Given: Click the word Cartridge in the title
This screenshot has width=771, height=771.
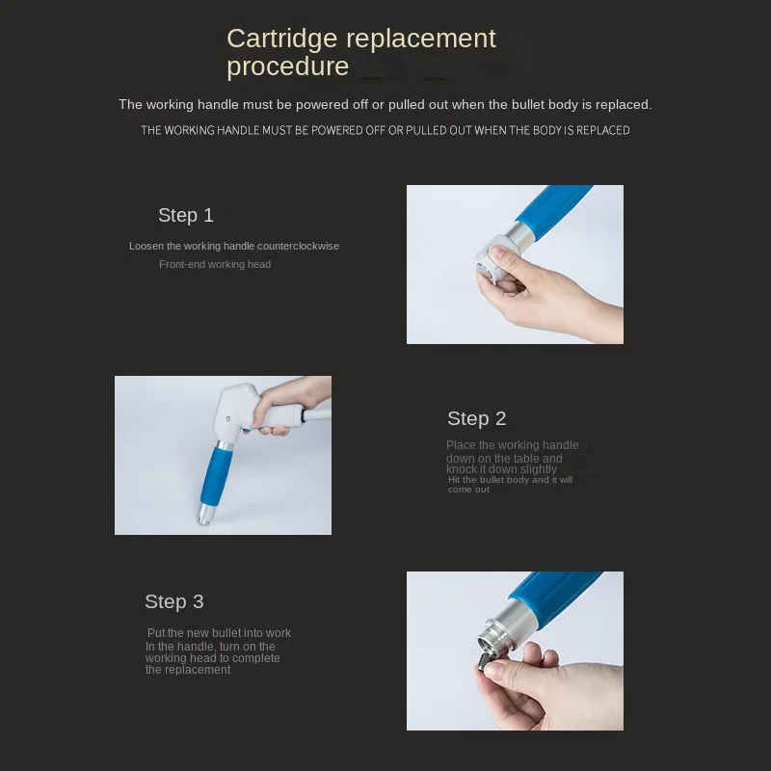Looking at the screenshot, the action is pos(281,40).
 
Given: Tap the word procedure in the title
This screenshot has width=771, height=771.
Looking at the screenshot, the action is pos(287,66).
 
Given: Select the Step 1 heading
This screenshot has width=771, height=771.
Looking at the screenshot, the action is pos(186,215).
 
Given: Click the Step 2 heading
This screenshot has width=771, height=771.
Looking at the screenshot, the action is pos(476,418).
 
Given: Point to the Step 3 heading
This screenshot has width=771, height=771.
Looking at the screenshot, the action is pos(174,601).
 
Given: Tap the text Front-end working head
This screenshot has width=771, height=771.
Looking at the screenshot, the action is pos(214,264).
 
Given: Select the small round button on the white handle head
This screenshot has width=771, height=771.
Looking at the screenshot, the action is pos(227,419).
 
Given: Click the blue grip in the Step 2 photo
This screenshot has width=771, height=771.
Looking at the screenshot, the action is pos(217,474).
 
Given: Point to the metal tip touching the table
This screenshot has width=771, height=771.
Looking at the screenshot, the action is pos(204,518).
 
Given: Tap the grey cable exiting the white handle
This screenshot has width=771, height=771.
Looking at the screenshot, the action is pos(317,415).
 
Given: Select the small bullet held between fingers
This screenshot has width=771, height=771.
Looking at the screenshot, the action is pos(481,660).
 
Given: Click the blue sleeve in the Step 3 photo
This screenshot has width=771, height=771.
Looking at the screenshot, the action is pos(556,594).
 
